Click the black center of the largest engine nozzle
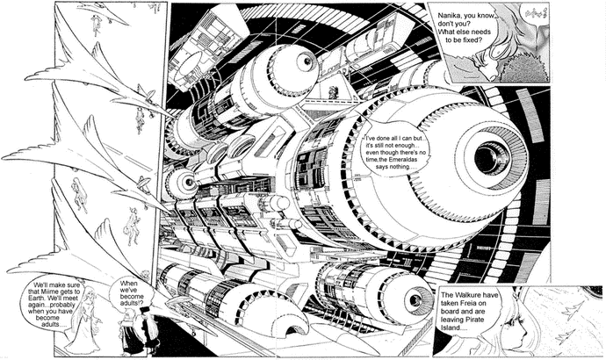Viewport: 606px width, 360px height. [x=488, y=158]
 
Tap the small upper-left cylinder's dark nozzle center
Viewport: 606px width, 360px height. [x=303, y=61]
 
